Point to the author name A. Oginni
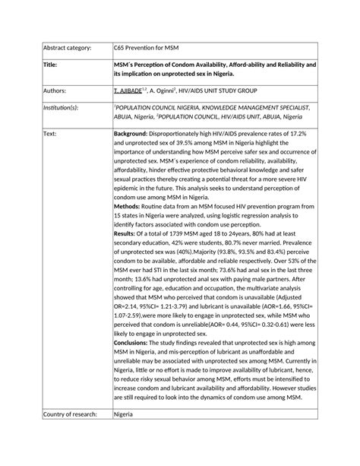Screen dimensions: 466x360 (169, 90)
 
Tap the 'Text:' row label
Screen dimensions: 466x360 (51, 134)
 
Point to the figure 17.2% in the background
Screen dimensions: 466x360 (305, 134)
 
